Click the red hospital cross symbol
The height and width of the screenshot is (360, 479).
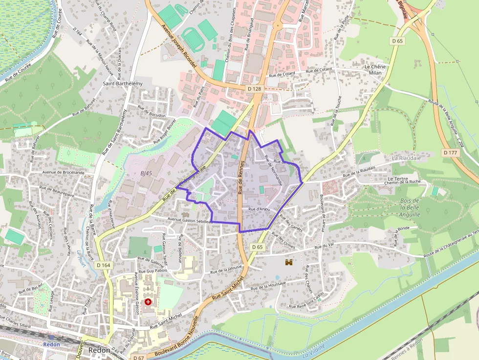click(x=148, y=302)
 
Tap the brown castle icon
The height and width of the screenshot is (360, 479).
click(x=289, y=262)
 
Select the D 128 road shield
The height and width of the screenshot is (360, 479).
click(x=255, y=88)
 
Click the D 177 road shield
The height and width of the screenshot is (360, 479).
click(x=450, y=153)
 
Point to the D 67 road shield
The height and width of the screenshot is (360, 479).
click(x=139, y=358)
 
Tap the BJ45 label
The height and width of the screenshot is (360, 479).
click(x=146, y=173)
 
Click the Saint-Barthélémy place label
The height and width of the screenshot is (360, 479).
click(x=123, y=84)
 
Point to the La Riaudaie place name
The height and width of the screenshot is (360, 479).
click(x=406, y=158)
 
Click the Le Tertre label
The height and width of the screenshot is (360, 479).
click(x=397, y=179)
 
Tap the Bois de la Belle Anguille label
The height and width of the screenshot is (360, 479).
click(x=410, y=208)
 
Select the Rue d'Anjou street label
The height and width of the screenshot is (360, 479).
click(x=259, y=209)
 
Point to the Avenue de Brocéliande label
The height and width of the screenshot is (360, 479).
click(x=63, y=172)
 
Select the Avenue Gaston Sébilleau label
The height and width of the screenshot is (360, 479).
click(x=190, y=221)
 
